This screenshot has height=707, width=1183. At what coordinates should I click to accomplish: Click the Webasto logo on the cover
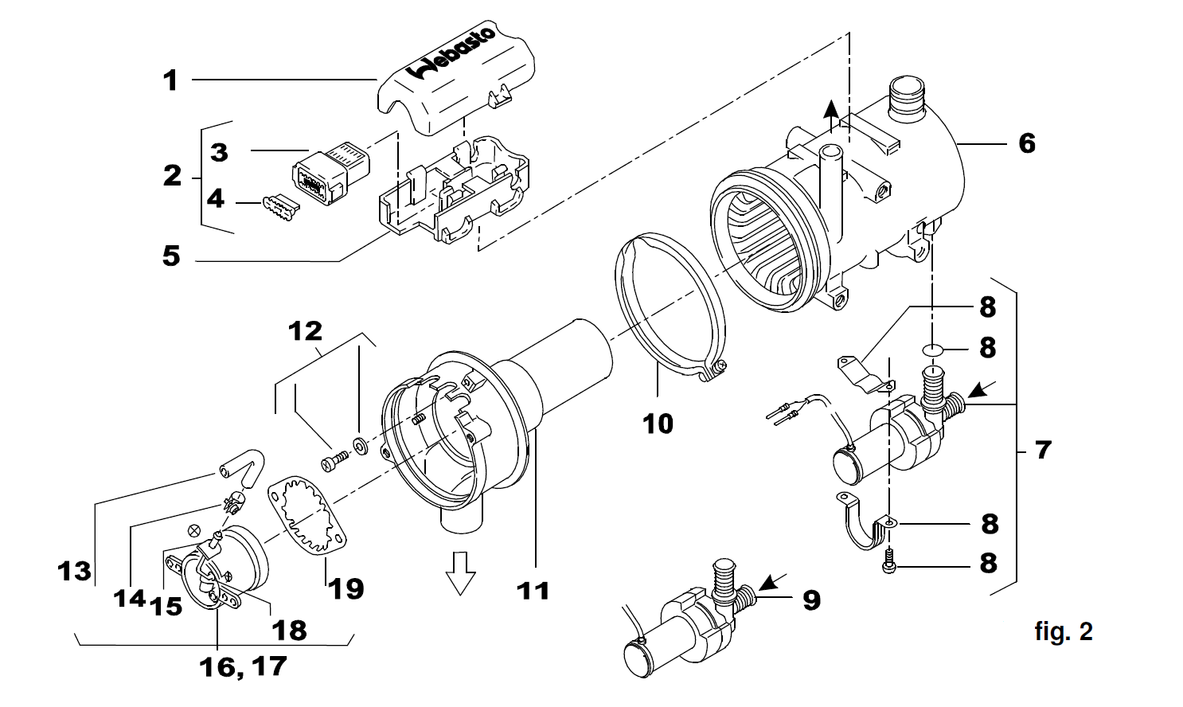(451, 52)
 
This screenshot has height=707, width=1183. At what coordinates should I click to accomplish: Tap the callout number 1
(170, 80)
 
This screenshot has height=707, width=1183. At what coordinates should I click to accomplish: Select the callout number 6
(1027, 143)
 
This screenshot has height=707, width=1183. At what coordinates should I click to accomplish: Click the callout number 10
(658, 424)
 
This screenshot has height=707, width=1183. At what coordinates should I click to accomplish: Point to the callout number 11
(533, 590)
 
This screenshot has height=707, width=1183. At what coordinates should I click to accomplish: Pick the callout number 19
(346, 588)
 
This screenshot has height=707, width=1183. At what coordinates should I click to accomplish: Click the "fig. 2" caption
(1063, 631)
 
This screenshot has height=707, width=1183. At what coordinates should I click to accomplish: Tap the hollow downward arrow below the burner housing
(460, 573)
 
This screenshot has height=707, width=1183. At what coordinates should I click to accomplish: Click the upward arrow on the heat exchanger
(831, 115)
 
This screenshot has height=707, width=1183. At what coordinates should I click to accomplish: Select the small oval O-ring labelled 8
(933, 349)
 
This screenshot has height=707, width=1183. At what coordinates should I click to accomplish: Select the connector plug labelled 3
(330, 172)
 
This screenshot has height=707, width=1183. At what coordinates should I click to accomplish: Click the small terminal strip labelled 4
(280, 208)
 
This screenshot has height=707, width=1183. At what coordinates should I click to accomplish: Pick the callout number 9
(811, 600)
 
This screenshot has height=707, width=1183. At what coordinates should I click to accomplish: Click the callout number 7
(1043, 451)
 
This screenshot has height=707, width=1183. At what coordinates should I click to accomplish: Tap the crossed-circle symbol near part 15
(195, 529)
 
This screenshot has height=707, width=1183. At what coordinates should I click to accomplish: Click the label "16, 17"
(243, 666)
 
